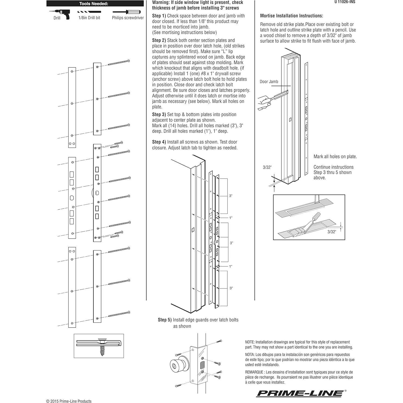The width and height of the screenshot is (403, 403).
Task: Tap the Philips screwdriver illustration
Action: (126, 12)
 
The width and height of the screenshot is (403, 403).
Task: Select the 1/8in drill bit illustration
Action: (89, 12)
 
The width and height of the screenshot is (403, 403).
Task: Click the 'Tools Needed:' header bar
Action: (95, 3)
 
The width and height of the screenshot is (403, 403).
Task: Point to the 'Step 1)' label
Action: (159, 16)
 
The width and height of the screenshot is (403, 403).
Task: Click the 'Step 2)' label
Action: (159, 40)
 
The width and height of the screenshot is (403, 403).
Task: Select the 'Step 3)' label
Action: (159, 115)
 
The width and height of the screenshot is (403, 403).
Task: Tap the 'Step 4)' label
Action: (159, 142)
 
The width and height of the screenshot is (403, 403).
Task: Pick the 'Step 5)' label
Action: (165, 320)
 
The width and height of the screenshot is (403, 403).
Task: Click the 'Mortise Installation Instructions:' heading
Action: (292, 16)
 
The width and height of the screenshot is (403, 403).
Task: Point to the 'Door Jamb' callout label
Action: (269, 82)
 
